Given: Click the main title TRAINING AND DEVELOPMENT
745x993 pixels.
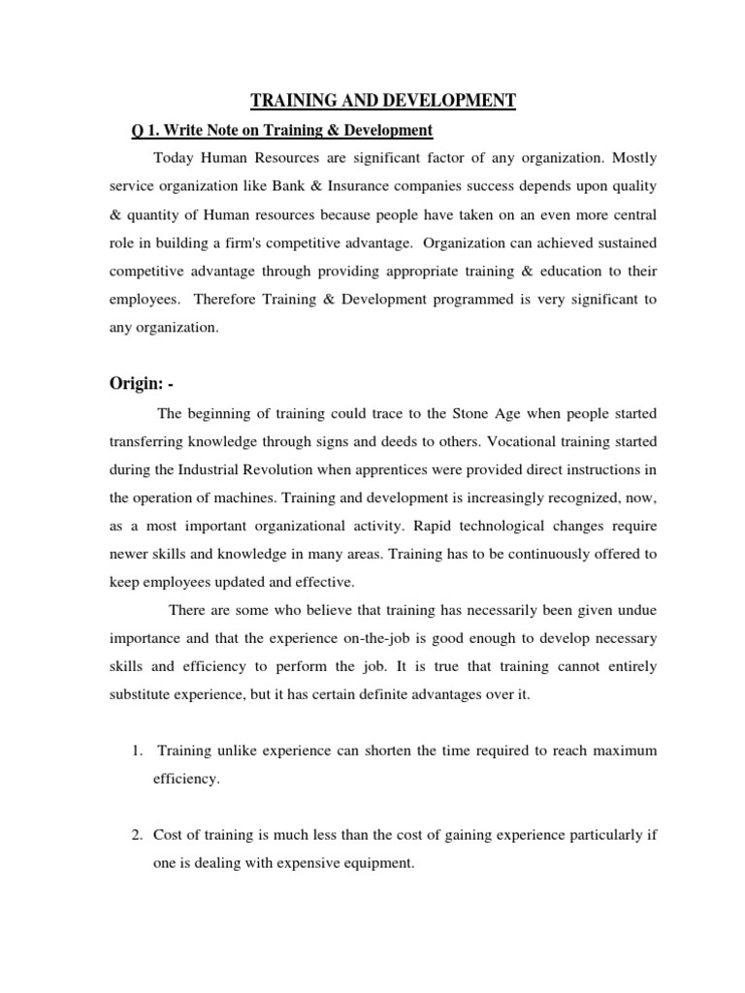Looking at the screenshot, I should (383, 99).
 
